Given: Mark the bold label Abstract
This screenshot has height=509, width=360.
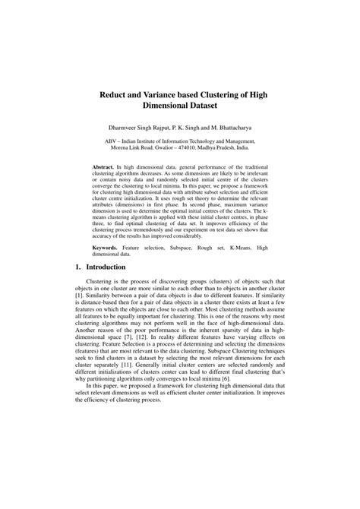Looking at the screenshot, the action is point(102,164).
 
